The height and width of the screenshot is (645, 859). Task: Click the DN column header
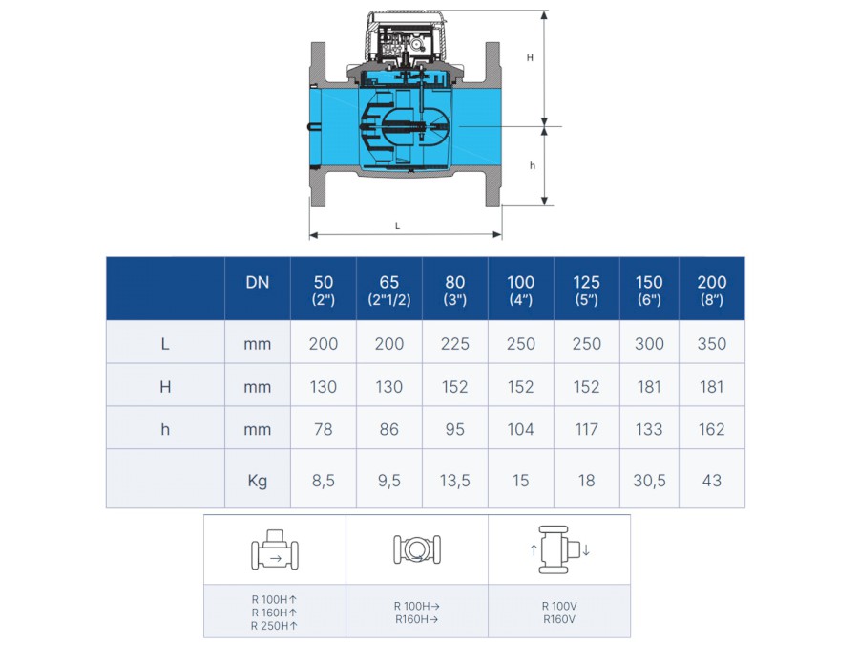point(258,283)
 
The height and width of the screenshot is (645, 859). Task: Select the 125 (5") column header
point(586,290)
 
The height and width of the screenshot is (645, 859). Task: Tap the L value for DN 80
point(454,344)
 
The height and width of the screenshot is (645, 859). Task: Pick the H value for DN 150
point(649,387)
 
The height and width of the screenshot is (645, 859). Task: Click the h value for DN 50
point(324,429)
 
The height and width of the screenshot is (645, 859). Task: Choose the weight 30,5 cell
point(649,481)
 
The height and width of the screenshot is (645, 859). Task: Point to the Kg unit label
point(258,481)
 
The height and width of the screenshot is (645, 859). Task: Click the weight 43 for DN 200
point(712,481)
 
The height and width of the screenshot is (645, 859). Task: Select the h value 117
point(586,429)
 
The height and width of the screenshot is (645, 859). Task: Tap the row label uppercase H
point(165,387)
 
